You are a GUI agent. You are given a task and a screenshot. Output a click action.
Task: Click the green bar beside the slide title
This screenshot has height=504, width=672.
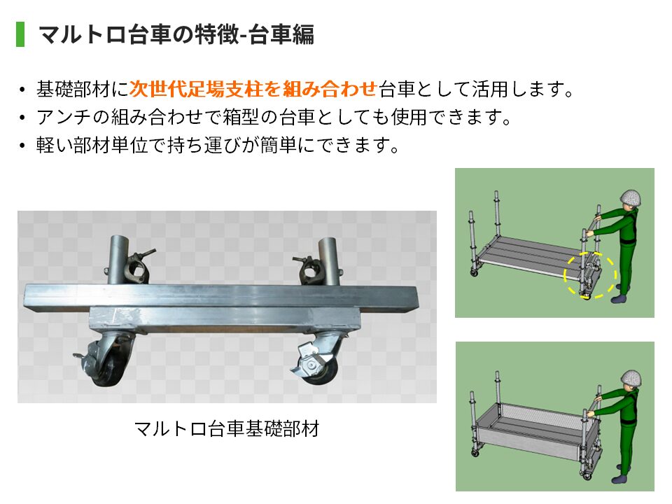[x=20, y=34]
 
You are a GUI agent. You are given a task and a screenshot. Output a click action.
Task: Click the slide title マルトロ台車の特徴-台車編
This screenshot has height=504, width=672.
[x=176, y=34]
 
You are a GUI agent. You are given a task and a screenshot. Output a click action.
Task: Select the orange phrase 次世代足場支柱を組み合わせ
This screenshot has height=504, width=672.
[x=253, y=89]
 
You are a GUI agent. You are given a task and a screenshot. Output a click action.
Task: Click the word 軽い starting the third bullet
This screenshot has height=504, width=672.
[x=55, y=145]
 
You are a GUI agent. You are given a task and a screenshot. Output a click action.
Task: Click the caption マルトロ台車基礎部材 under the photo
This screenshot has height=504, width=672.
[x=227, y=428]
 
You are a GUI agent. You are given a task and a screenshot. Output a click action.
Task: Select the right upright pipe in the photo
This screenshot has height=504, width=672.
[x=329, y=260]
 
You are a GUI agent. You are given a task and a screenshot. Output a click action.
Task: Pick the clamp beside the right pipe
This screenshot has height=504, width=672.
[x=307, y=267]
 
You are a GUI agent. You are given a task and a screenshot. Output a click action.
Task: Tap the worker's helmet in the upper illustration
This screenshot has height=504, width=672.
[x=631, y=198]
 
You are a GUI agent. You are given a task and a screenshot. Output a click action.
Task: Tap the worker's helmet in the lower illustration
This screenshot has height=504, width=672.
[x=631, y=379]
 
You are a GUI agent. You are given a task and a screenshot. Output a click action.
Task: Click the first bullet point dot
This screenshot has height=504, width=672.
[x=22, y=90]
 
